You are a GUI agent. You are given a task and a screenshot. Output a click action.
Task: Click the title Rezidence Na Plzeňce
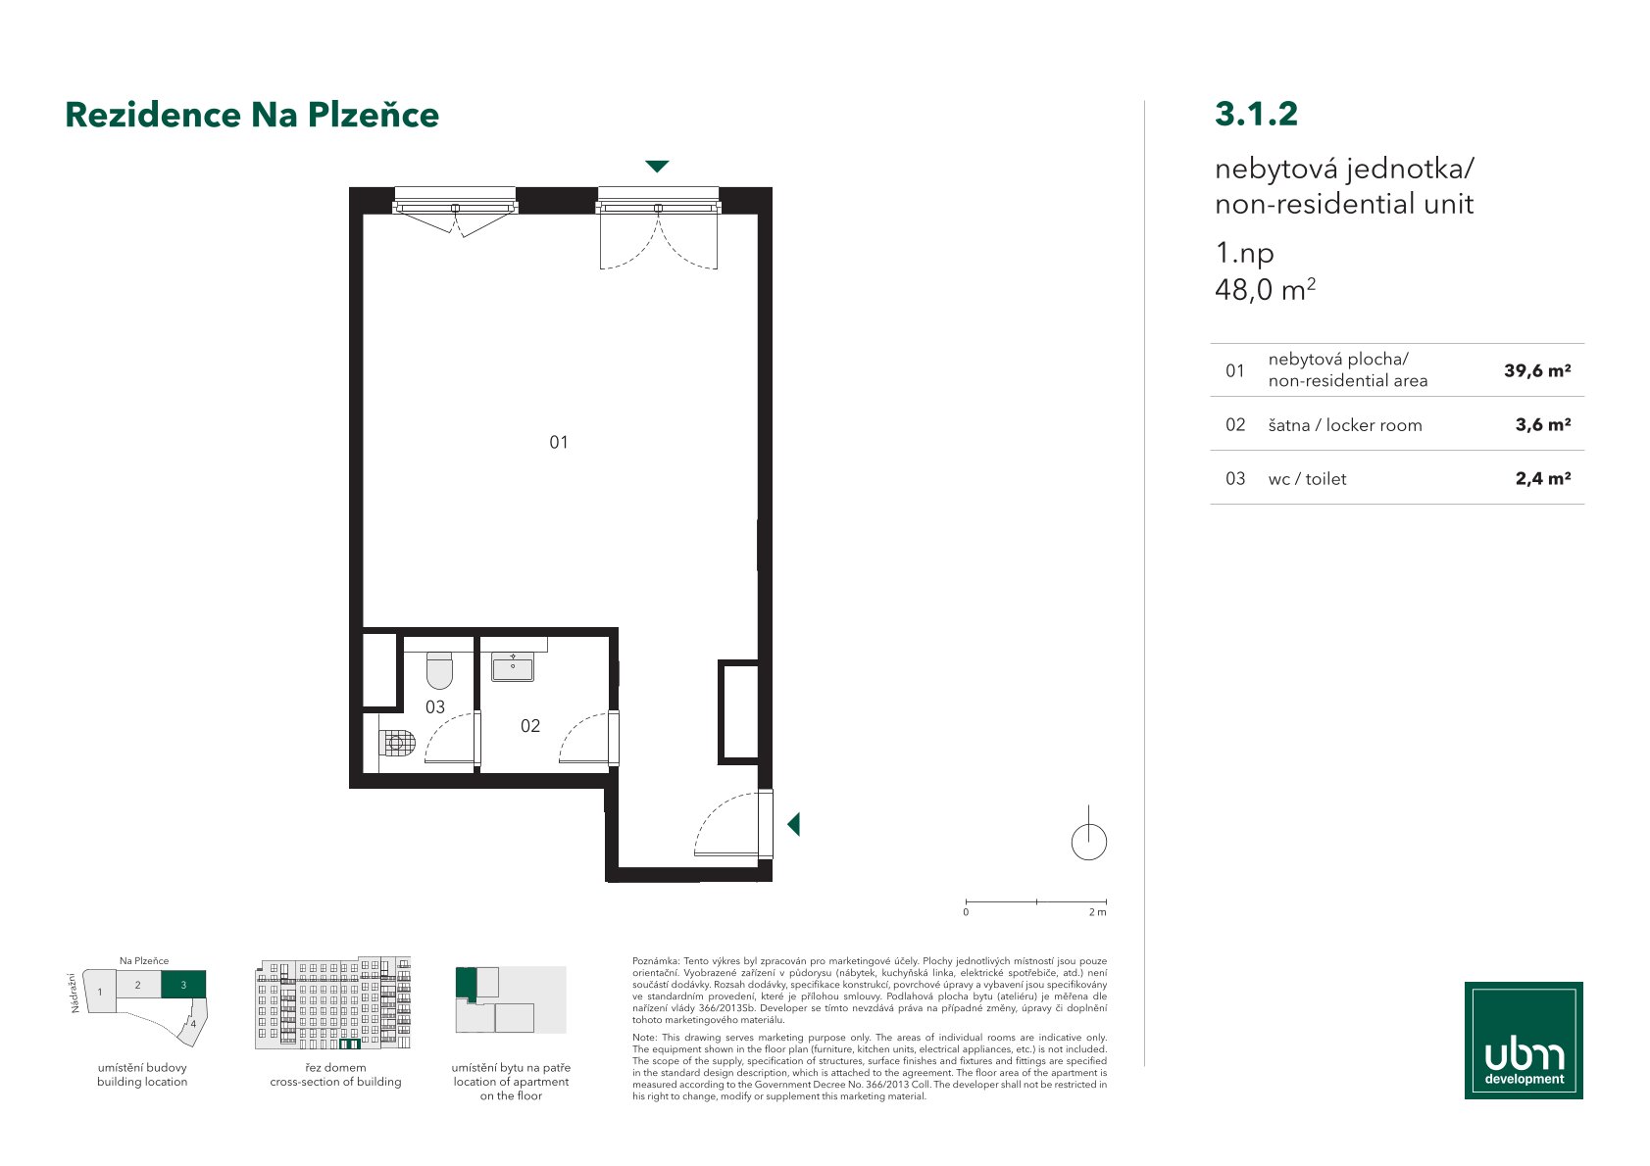[252, 115]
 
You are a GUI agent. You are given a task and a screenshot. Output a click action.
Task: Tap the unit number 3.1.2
[1256, 114]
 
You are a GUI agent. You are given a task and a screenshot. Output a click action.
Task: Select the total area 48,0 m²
[1265, 289]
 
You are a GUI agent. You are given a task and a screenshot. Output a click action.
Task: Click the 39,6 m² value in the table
[1537, 370]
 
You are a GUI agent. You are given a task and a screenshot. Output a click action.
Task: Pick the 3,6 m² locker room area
[1542, 424]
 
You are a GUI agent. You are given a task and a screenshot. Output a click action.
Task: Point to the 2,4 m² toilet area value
[1542, 478]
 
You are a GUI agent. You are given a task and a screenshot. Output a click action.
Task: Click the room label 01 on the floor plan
[559, 442]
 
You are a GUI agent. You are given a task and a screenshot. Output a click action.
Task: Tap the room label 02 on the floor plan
[529, 726]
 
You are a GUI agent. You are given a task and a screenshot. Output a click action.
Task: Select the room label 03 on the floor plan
[434, 706]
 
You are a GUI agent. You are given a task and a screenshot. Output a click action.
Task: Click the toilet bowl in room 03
[440, 669]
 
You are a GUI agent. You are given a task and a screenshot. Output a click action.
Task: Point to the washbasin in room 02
[513, 667]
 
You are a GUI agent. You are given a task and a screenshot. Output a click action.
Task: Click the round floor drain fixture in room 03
[397, 743]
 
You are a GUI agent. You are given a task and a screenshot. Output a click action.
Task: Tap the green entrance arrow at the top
[657, 166]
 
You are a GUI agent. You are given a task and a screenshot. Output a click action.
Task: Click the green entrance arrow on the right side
[794, 824]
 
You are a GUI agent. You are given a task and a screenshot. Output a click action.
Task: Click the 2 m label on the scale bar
[1097, 913]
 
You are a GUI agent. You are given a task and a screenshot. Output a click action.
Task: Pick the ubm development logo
[1524, 1041]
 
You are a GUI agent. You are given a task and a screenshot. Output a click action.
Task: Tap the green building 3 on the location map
[183, 985]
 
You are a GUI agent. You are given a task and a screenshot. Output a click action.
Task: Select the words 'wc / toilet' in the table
[1307, 478]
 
